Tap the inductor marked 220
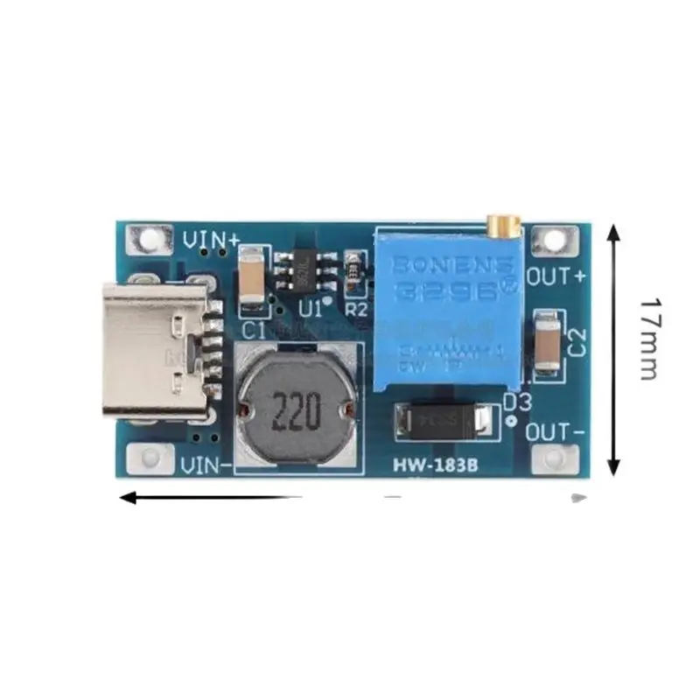coord(297,408)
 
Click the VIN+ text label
coord(211,238)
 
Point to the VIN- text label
coord(206,466)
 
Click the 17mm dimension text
coord(648,338)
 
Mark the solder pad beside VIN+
coord(148,239)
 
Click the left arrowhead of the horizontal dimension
coord(128,498)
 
